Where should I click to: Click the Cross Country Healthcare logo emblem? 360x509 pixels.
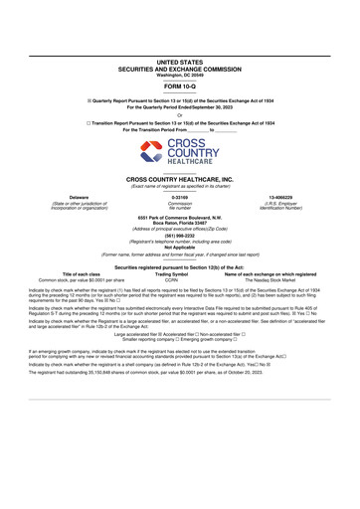(x=152, y=152)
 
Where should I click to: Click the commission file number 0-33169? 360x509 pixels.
(x=180, y=198)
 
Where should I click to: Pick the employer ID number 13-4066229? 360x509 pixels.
(x=286, y=198)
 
